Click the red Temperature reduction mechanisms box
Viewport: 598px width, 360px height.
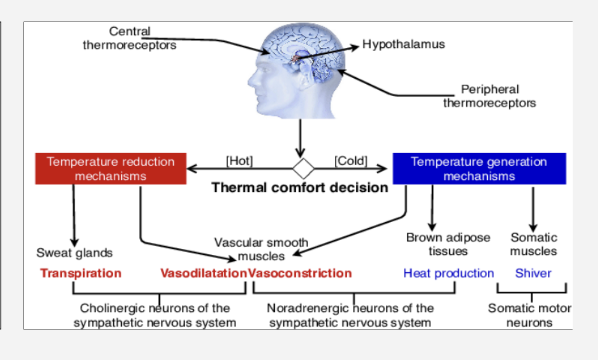(110, 169)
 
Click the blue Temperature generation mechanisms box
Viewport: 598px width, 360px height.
(479, 169)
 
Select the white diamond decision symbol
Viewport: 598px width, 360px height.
(302, 164)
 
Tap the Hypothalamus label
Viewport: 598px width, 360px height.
(403, 44)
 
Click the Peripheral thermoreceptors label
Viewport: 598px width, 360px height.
(490, 96)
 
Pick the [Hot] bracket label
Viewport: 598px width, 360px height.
(240, 159)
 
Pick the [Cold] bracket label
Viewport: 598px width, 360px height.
(351, 159)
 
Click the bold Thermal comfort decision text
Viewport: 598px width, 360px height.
(299, 187)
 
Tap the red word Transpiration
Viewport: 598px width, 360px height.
(81, 273)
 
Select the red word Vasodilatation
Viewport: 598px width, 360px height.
(203, 273)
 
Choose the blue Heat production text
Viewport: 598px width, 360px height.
(448, 273)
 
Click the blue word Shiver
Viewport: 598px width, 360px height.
(533, 273)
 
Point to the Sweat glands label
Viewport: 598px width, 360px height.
(74, 252)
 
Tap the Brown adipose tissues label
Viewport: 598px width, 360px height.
(448, 244)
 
